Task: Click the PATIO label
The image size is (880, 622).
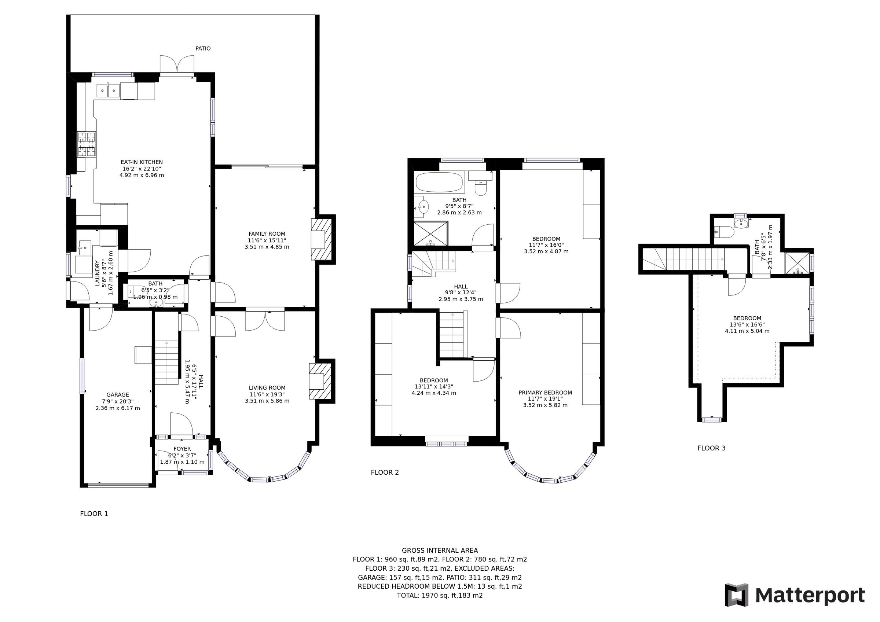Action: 203,49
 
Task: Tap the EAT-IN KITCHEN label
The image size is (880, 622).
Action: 142,162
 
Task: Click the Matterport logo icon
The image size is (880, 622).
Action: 736,595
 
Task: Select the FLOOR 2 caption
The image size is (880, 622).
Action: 384,472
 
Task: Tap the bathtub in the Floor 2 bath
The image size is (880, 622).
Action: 440,183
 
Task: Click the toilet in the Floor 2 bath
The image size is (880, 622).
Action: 480,187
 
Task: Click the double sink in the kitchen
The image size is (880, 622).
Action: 109,91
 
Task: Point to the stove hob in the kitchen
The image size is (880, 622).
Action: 87,144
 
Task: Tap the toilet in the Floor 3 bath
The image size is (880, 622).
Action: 724,232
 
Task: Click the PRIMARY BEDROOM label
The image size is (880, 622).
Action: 544,393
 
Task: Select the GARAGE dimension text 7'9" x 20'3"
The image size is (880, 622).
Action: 117,401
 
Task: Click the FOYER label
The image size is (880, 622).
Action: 182,449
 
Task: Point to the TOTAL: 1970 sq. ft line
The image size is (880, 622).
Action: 440,596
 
